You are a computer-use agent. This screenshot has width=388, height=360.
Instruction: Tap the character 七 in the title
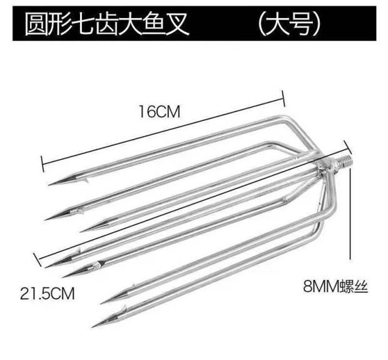pyautogui.click(x=92, y=24)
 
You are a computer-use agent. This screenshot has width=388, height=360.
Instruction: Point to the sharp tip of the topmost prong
pyautogui.click(x=49, y=185)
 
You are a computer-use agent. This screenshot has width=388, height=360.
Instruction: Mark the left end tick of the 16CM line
pyautogui.click(x=43, y=161)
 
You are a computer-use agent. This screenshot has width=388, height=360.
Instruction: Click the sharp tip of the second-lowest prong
pyautogui.click(x=102, y=300)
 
